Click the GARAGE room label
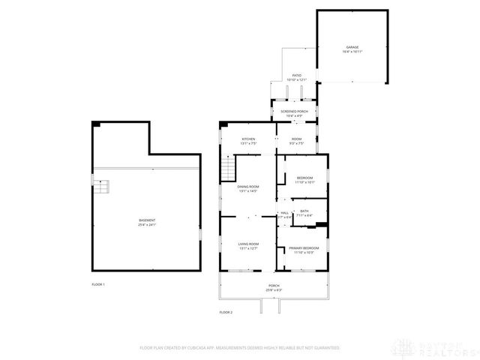(x=352, y=47)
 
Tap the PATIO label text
(x=297, y=76)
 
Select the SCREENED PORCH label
(x=296, y=111)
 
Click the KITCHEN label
(x=248, y=139)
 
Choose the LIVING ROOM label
(x=248, y=244)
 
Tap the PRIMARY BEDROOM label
(x=304, y=247)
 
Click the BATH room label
(x=304, y=211)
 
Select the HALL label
(x=286, y=213)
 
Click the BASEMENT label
(x=147, y=220)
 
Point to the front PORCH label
(x=274, y=286)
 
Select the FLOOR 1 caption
(x=98, y=284)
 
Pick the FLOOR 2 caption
(x=226, y=311)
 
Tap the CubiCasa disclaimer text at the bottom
(x=239, y=348)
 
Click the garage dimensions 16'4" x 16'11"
(x=352, y=52)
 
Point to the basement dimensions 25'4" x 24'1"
(x=147, y=225)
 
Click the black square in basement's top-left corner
(x=94, y=125)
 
